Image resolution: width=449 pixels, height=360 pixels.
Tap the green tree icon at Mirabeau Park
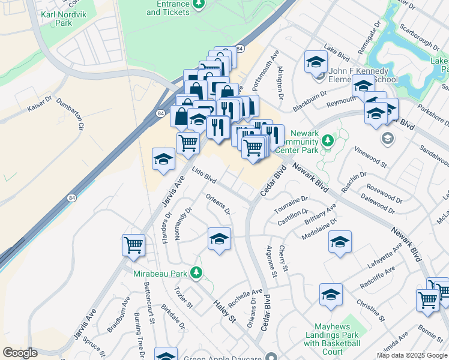coord(196,274)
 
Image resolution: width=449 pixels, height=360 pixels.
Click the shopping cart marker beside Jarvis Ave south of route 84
coord(133,244)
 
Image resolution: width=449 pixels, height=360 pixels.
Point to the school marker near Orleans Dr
coord(219,239)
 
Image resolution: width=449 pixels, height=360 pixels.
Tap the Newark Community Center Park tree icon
coord(327,140)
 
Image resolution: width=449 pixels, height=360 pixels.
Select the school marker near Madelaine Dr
coord(340,242)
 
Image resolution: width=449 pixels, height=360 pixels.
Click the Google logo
coord(20,353)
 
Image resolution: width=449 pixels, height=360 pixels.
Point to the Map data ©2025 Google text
coord(411,355)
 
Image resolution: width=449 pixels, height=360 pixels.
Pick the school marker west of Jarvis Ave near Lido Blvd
coord(163,158)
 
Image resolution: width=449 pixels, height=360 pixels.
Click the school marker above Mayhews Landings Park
coord(330,294)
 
